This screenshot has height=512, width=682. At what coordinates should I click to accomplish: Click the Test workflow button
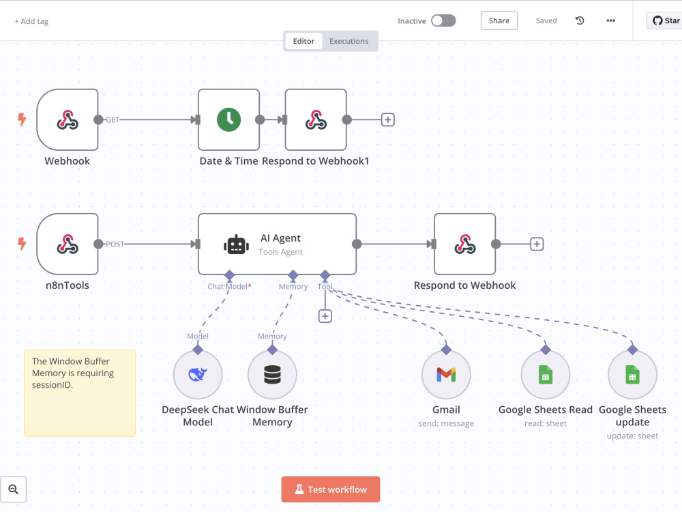click(x=331, y=489)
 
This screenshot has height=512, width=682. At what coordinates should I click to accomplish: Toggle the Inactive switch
click(x=443, y=20)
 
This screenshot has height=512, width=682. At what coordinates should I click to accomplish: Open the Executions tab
click(x=349, y=41)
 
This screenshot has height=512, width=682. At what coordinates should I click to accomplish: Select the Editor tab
click(x=303, y=41)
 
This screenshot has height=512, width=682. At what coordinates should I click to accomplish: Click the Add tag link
click(x=31, y=21)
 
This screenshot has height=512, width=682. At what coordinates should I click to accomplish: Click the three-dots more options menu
click(x=610, y=20)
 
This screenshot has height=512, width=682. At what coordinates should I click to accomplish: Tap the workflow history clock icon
click(x=580, y=20)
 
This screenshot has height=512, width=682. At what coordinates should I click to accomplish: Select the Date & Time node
click(x=228, y=119)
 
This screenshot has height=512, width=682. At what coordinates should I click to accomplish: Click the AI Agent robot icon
click(x=236, y=244)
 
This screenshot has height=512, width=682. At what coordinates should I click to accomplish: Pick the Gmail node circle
click(x=446, y=374)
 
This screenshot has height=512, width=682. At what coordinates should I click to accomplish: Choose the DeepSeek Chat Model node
click(x=198, y=374)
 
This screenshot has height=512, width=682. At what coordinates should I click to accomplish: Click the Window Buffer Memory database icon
click(x=272, y=374)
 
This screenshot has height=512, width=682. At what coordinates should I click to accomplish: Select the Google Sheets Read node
click(x=546, y=374)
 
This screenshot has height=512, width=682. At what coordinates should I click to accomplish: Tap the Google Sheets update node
click(x=632, y=374)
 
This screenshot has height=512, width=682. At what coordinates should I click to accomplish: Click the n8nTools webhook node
click(x=68, y=244)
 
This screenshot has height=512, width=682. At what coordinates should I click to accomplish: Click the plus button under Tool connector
click(x=325, y=316)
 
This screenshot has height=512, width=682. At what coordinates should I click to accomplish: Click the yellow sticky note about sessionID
click(x=80, y=393)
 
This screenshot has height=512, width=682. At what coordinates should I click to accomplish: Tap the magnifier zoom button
click(x=14, y=489)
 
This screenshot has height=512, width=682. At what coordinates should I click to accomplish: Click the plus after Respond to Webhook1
click(x=387, y=119)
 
